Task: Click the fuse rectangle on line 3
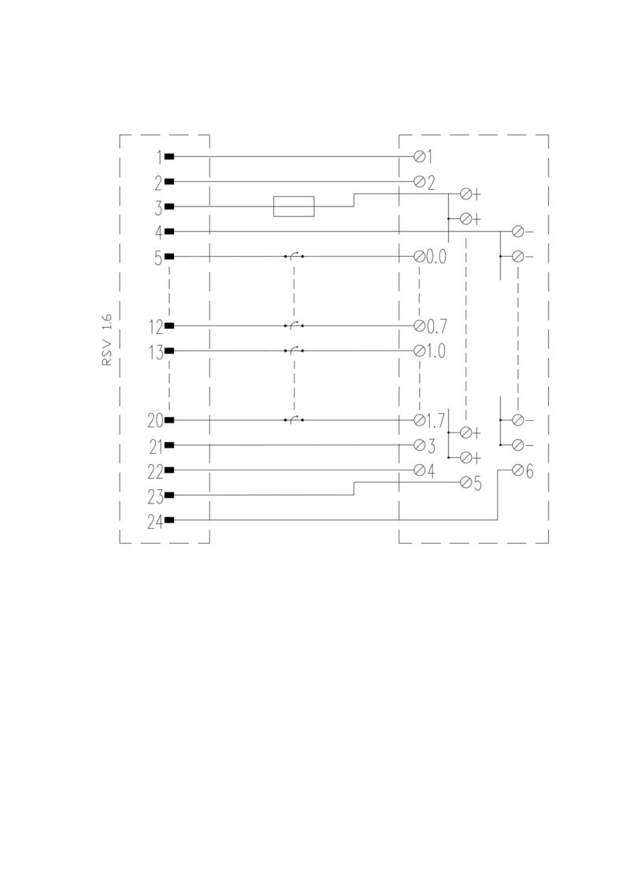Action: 294,206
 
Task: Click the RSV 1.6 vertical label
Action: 107,340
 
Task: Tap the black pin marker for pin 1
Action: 169,157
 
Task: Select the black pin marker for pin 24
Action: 169,520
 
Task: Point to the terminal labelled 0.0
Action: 420,257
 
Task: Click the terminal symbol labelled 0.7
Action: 420,326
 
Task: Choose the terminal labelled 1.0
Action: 420,351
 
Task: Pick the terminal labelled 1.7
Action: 420,421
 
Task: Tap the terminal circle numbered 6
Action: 518,470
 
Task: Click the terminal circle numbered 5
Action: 465,483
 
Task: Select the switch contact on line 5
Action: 294,256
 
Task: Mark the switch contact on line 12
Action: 294,325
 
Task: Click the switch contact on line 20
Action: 294,420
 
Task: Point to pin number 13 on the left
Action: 156,353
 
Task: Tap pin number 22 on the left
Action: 155,472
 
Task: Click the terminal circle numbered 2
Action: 420,181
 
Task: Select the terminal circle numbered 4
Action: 420,470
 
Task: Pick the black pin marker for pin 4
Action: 169,232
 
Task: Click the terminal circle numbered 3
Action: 420,445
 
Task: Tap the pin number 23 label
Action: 155,497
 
